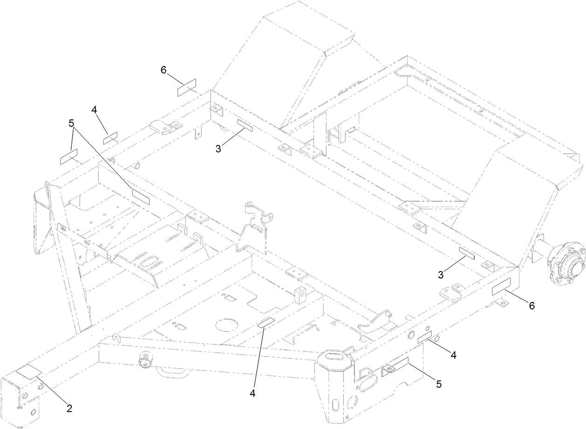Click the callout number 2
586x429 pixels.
click(x=69, y=409)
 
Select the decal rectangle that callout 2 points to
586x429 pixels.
click(x=28, y=371)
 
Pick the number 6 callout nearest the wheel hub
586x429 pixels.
click(x=531, y=306)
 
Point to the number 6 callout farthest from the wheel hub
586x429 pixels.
click(x=163, y=70)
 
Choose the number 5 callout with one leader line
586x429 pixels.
click(x=438, y=384)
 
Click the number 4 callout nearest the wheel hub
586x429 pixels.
click(x=453, y=355)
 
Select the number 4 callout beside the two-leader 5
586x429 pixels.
click(x=95, y=110)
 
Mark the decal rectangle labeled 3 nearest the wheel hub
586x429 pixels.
click(x=466, y=253)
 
